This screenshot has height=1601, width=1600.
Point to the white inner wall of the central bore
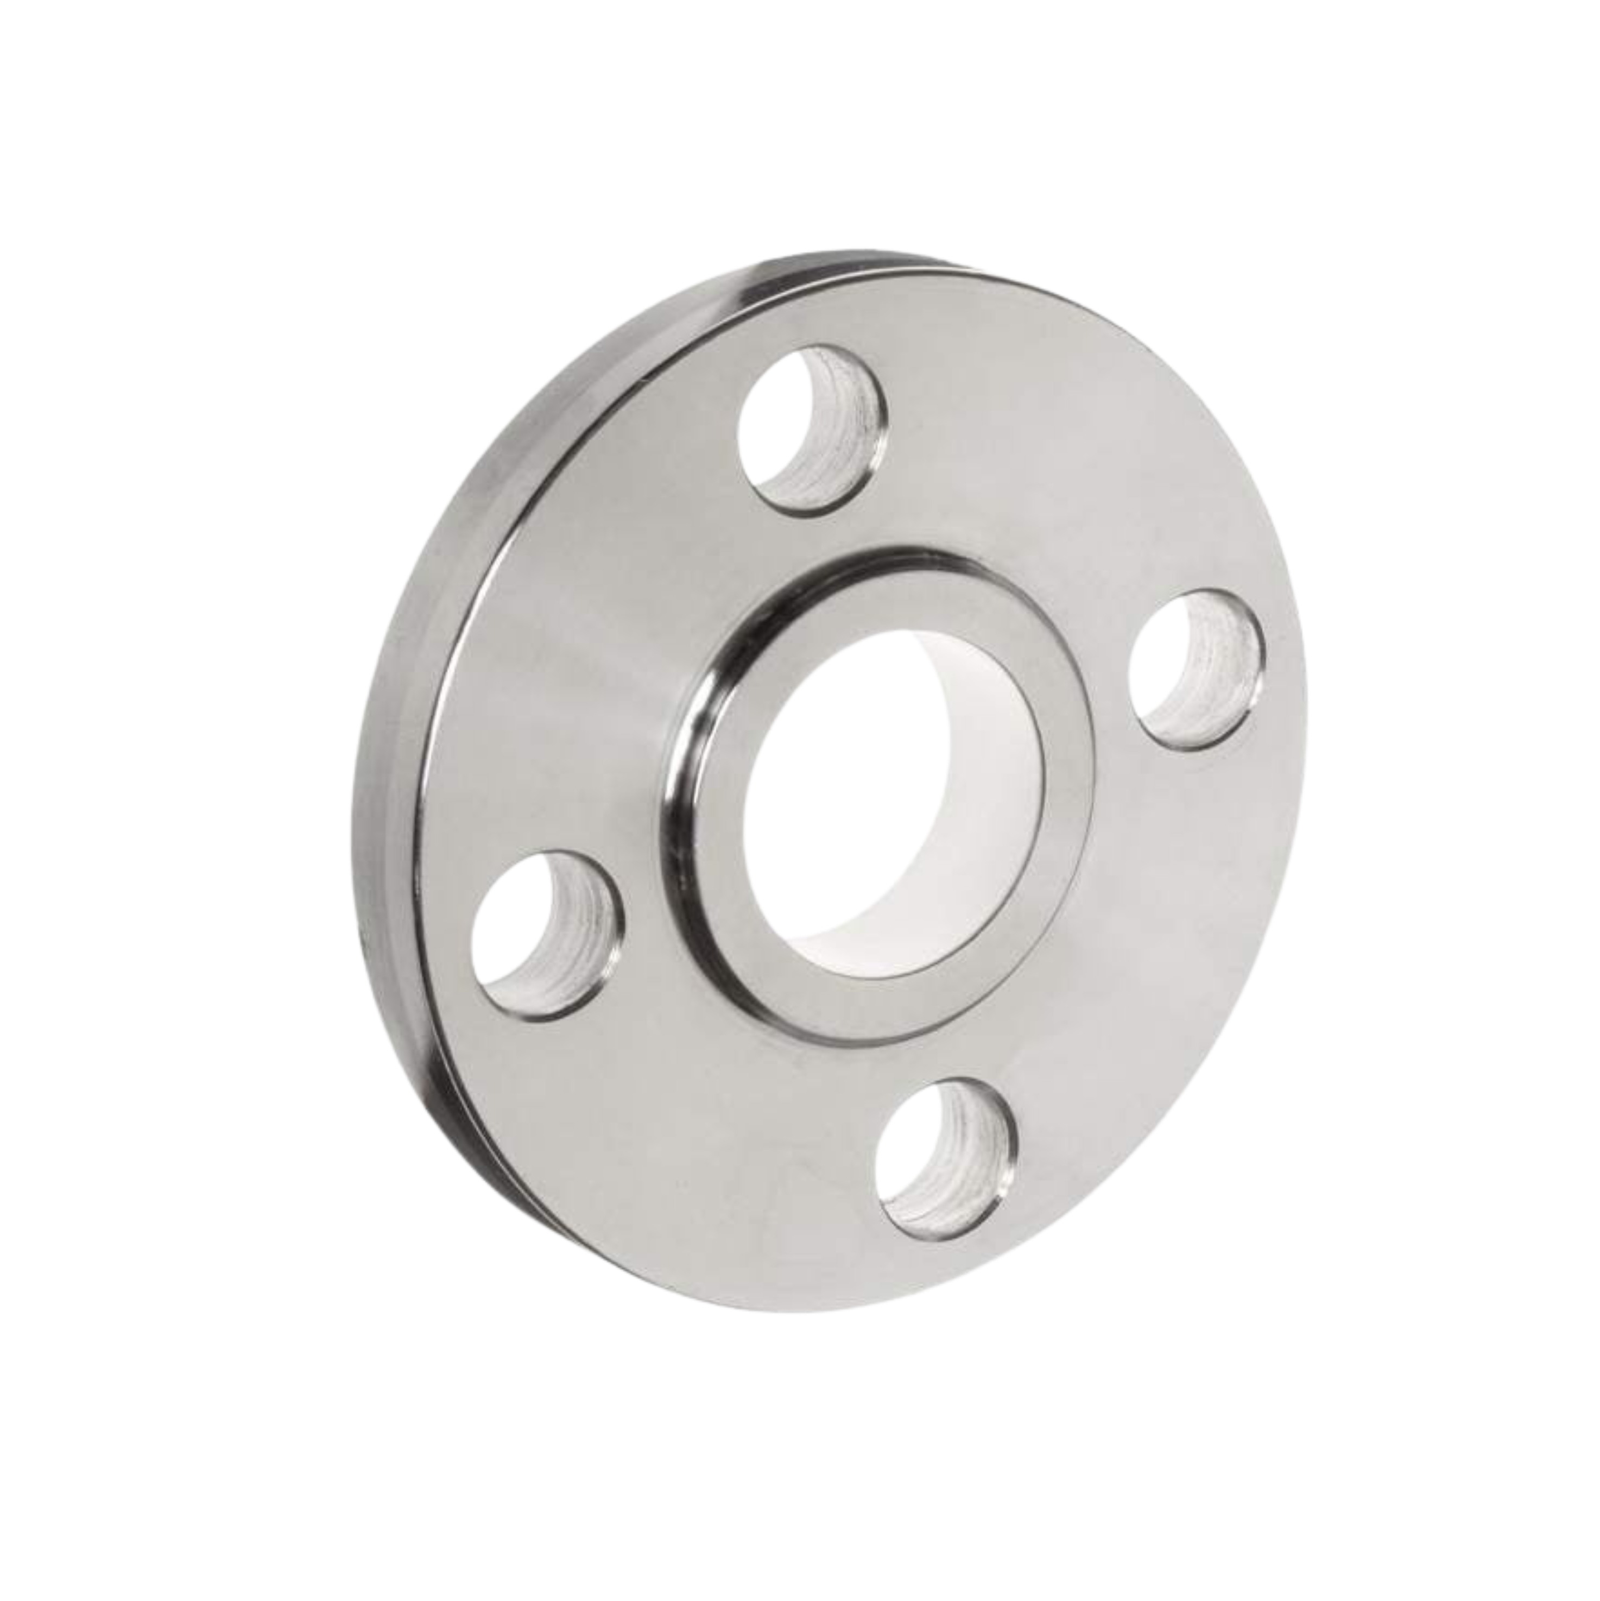[953, 746]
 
